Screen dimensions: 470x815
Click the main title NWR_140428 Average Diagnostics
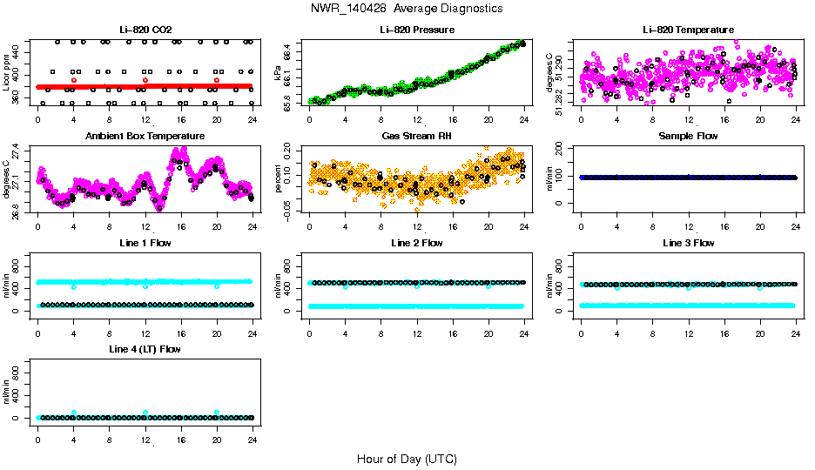(407, 9)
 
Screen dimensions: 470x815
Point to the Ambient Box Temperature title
(145, 137)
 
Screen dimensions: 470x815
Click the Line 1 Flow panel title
(145, 243)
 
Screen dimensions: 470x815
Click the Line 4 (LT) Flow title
(145, 349)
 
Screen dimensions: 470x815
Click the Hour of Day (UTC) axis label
(407, 459)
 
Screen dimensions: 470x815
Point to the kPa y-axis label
(277, 73)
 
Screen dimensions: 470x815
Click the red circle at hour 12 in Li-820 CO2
(145, 80)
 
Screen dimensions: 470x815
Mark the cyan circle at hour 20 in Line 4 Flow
(217, 413)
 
